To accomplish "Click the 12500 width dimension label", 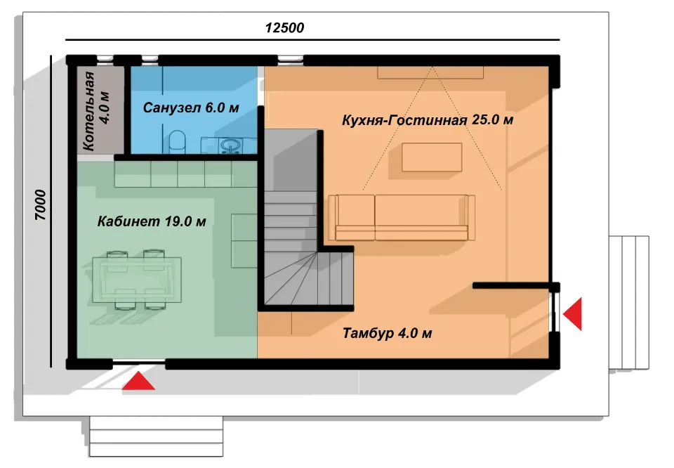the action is coord(284,28).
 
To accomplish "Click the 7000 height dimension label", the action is coord(40,205).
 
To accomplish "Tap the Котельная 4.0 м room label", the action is coord(96,112).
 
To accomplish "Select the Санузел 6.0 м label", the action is coord(191,108).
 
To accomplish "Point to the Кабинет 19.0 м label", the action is coord(152,221).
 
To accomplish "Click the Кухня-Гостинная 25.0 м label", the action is coord(428,119).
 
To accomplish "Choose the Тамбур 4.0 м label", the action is coord(388,333).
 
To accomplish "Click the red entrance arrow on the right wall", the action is coord(573,313).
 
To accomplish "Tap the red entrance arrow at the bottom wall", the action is coord(138,381).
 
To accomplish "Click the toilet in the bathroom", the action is coord(176,141).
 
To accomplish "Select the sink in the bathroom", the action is coord(231,145).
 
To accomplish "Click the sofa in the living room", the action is coord(402,217).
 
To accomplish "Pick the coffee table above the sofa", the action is coord(432,157).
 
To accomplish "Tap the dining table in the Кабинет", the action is coord(137,280).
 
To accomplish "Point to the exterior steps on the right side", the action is coord(629,302).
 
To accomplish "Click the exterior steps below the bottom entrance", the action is coord(157,436).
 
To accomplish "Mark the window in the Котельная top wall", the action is coord(105,59).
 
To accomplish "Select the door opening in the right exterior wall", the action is coord(555,311).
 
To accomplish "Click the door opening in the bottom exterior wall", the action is coord(138,364).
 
